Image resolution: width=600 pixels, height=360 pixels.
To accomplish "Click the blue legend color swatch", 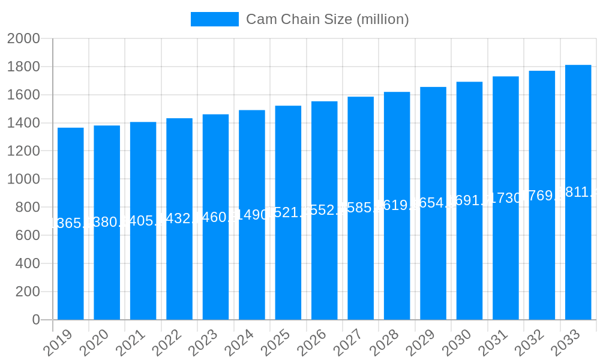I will click(214, 19).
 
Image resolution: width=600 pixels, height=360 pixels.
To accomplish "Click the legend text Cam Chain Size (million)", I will click(328, 19).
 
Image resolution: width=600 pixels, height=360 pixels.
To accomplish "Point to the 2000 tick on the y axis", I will click(23, 38).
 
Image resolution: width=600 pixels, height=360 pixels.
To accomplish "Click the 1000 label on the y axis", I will click(23, 179).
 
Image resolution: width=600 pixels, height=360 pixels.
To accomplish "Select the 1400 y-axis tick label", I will click(23, 123).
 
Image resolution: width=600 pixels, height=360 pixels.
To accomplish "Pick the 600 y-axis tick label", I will click(28, 235).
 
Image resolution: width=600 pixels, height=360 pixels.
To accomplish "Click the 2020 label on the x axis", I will click(94, 343).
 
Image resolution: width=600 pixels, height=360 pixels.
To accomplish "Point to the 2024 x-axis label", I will click(239, 343).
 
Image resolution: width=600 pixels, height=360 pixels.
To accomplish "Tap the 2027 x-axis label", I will click(348, 343).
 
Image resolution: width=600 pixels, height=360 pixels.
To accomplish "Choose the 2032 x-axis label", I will click(529, 343).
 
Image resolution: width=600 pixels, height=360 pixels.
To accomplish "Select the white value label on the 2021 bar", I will click(143, 221).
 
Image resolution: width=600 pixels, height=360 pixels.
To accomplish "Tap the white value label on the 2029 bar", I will click(433, 202).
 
